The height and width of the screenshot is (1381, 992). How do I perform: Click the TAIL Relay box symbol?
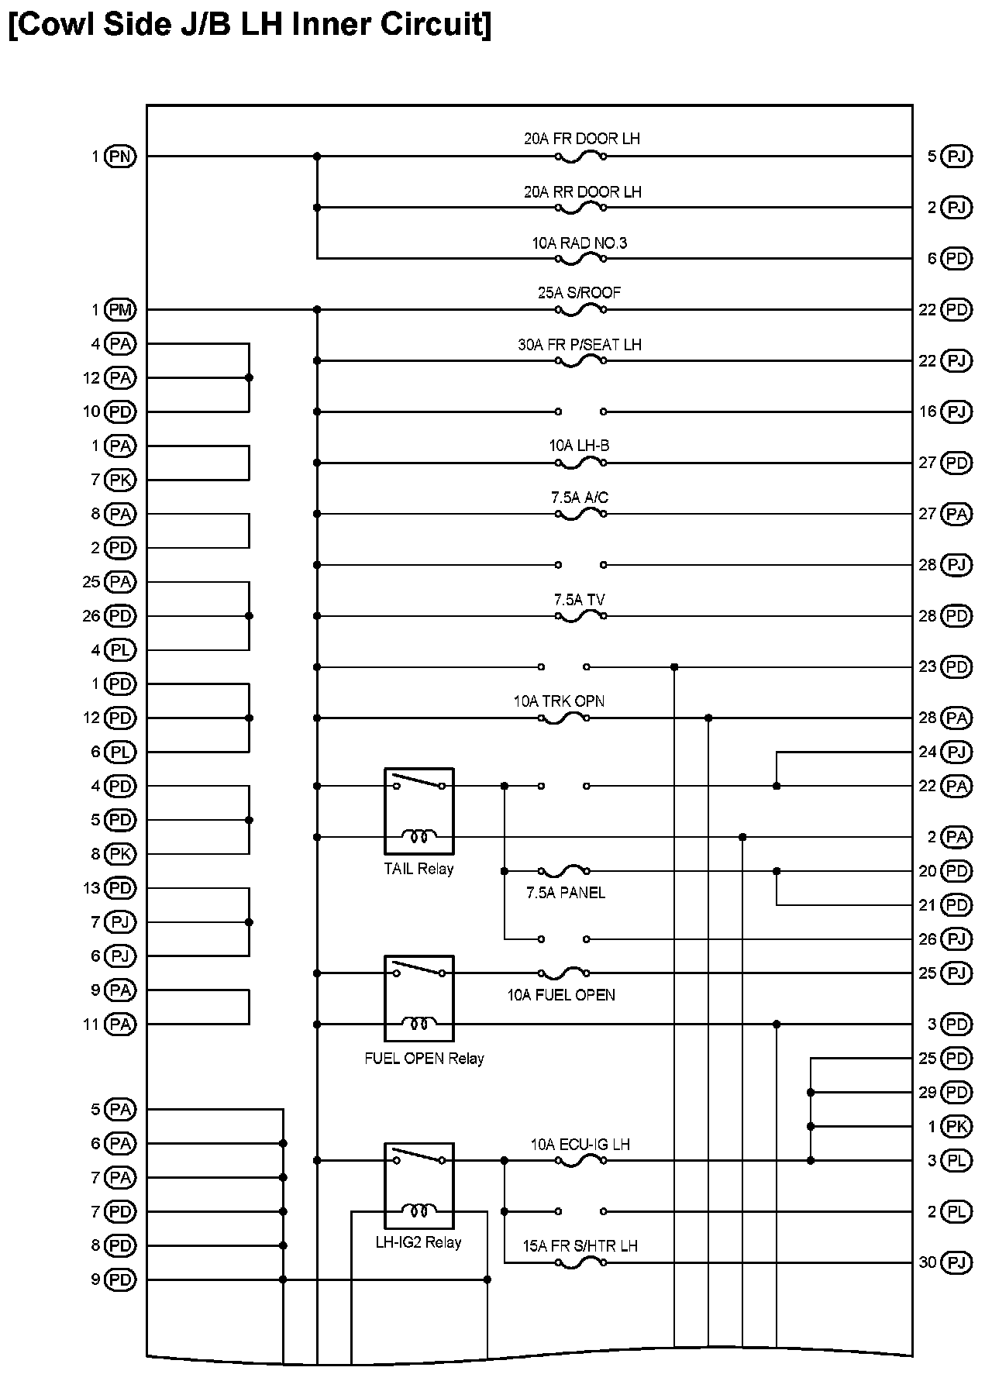tap(418, 811)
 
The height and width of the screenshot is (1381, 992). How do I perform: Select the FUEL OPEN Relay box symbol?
tap(418, 998)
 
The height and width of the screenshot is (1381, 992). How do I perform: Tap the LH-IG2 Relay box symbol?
tap(418, 1186)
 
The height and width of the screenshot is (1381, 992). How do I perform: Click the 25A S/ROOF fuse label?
tap(580, 293)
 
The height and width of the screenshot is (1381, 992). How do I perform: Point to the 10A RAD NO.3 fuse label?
tap(580, 243)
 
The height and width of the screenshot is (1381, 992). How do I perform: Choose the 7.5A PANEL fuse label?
tap(566, 893)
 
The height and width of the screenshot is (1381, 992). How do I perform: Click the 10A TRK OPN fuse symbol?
tap(564, 718)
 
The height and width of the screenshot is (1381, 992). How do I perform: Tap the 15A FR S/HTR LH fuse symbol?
tap(580, 1262)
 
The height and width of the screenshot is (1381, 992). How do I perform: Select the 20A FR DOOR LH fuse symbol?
tap(580, 157)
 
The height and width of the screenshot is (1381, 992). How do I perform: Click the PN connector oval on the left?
tap(120, 157)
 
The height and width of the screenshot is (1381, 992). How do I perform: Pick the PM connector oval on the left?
tap(120, 310)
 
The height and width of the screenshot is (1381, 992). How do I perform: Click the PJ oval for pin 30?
tap(956, 1262)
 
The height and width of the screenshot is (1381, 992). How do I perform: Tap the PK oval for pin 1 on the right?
tap(956, 1126)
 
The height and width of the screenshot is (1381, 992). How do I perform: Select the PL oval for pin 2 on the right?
tap(956, 1211)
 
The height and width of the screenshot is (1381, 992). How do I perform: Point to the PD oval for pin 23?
tap(956, 666)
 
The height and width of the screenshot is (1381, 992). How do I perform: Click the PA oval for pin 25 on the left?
tap(120, 582)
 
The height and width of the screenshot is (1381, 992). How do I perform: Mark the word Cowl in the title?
tap(53, 25)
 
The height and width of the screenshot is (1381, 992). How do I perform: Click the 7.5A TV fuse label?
tap(580, 600)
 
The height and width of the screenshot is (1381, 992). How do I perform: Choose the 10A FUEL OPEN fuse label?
tap(561, 995)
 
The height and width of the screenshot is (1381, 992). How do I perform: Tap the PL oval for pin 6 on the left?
tap(120, 752)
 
